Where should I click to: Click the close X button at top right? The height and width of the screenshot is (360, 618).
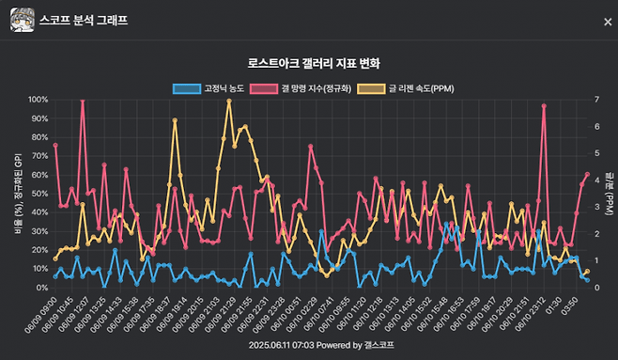pyautogui.click(x=607, y=22)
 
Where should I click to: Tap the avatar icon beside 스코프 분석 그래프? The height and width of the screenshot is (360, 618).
pyautogui.click(x=23, y=20)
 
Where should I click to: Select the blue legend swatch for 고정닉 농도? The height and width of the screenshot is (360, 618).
pyautogui.click(x=186, y=88)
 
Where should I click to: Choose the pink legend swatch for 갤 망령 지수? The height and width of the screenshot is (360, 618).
pyautogui.click(x=264, y=88)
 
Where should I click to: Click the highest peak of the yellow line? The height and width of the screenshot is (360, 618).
pyautogui.click(x=229, y=101)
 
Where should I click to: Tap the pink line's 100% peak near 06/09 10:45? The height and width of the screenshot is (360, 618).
pyautogui.click(x=83, y=101)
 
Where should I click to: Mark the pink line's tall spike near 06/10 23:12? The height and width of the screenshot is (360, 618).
pyautogui.click(x=544, y=106)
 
